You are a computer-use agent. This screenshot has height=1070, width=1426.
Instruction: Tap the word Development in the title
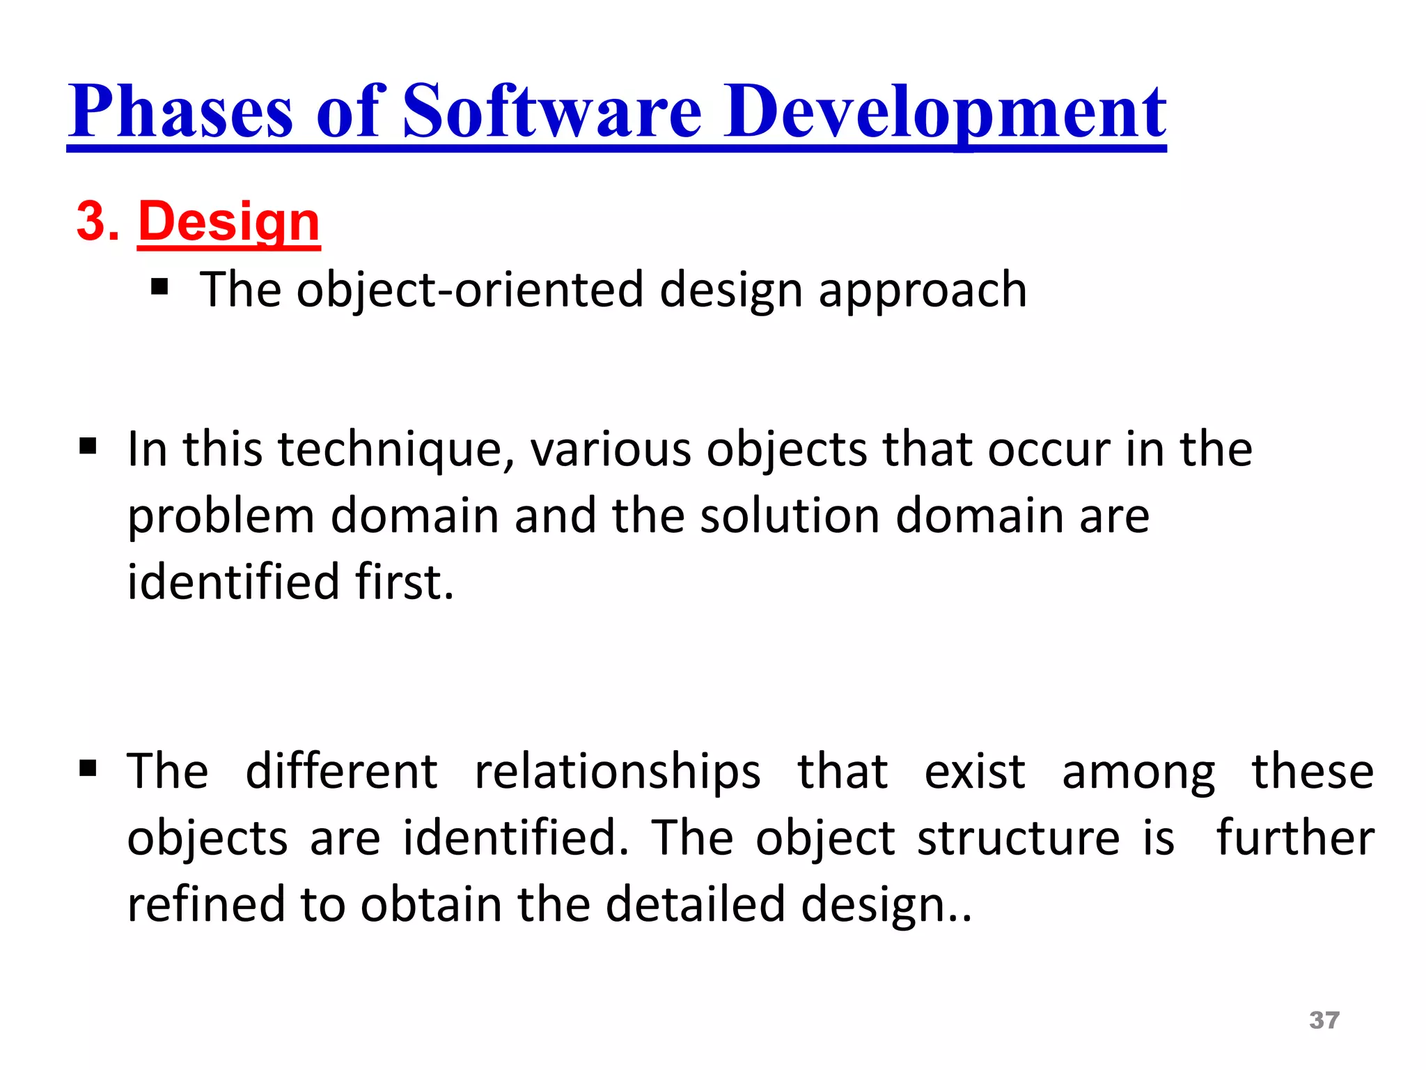pos(945,111)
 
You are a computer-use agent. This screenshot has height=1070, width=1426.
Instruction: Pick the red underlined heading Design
pos(229,222)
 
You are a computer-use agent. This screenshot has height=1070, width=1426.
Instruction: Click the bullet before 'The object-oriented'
pos(159,287)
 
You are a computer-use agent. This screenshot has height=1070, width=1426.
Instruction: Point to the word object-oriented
pos(470,289)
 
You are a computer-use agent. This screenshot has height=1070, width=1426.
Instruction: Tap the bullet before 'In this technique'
pos(88,446)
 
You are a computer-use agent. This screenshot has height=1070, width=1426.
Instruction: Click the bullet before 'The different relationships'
pos(88,768)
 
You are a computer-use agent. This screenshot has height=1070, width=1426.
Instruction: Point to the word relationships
pos(618,772)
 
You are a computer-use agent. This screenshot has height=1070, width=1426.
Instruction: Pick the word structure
pos(1019,838)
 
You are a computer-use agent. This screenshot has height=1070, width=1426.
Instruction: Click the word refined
pos(206,904)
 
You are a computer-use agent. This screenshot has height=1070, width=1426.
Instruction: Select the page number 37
pos(1324,1021)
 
